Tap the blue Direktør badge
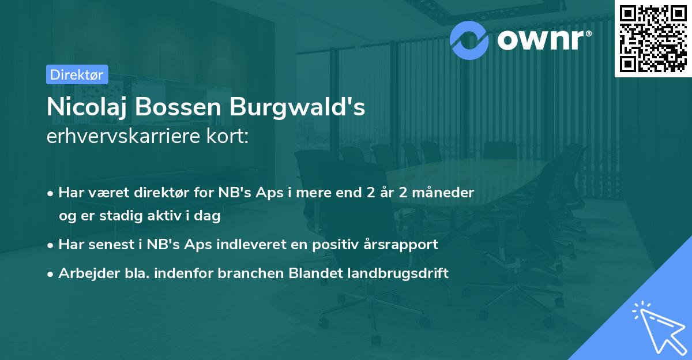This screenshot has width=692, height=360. coord(77,74)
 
